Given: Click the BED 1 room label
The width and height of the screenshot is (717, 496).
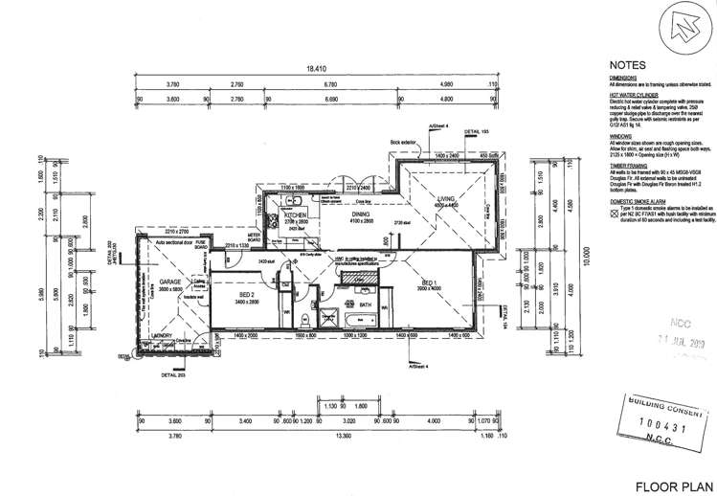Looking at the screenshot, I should pyautogui.click(x=428, y=282).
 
